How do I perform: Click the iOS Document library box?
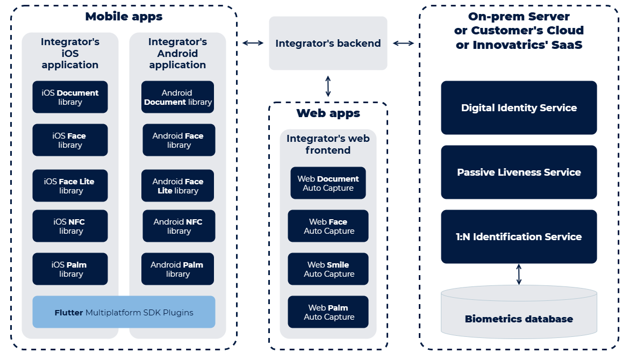point(70,97)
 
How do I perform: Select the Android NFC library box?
point(178,226)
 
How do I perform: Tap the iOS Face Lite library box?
point(70,186)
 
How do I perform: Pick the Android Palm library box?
point(177,269)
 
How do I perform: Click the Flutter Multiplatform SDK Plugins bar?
point(124,312)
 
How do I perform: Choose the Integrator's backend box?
point(328,44)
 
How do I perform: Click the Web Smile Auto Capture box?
point(328,269)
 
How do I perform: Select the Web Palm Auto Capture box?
point(328,312)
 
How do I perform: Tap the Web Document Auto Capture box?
point(328,183)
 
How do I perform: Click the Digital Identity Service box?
point(519,108)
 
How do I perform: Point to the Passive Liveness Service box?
point(519,172)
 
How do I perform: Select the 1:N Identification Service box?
point(519,237)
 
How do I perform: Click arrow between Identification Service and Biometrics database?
point(519,274)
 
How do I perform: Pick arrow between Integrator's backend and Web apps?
point(328,86)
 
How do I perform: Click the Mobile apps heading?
point(124,17)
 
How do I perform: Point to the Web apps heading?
point(328,113)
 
